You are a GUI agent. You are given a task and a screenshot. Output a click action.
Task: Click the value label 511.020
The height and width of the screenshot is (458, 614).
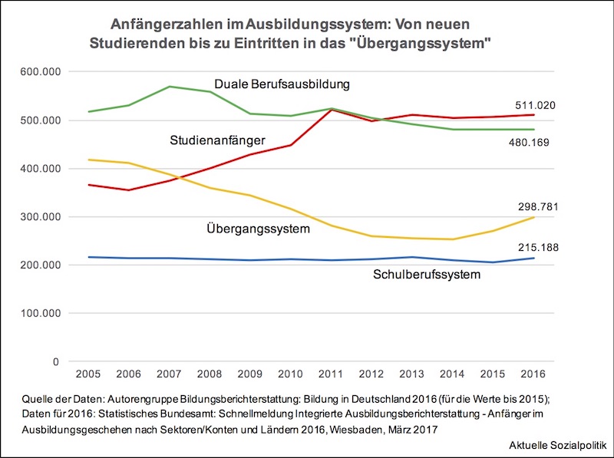pos(535,105)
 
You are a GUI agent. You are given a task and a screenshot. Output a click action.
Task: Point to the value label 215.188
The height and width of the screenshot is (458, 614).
pos(535,248)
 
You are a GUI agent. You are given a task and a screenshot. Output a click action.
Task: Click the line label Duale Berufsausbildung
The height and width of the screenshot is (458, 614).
pos(282,84)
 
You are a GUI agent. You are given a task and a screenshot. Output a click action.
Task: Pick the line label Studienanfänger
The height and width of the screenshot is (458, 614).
pos(217,140)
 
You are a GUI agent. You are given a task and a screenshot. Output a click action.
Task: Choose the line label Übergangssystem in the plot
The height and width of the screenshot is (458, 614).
pos(258,229)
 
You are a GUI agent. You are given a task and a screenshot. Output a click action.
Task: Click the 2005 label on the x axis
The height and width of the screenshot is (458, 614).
pos(88,374)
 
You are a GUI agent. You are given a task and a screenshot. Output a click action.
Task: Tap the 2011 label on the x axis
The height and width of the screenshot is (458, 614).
pos(331,374)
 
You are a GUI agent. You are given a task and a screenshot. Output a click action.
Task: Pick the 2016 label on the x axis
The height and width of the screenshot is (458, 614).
pos(533,374)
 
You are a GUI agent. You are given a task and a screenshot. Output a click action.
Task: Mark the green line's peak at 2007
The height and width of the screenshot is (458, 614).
pos(170,87)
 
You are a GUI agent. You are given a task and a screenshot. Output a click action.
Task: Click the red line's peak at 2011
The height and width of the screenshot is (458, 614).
pos(331,110)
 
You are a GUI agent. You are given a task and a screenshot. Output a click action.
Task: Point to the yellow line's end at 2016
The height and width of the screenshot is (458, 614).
pos(533,217)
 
